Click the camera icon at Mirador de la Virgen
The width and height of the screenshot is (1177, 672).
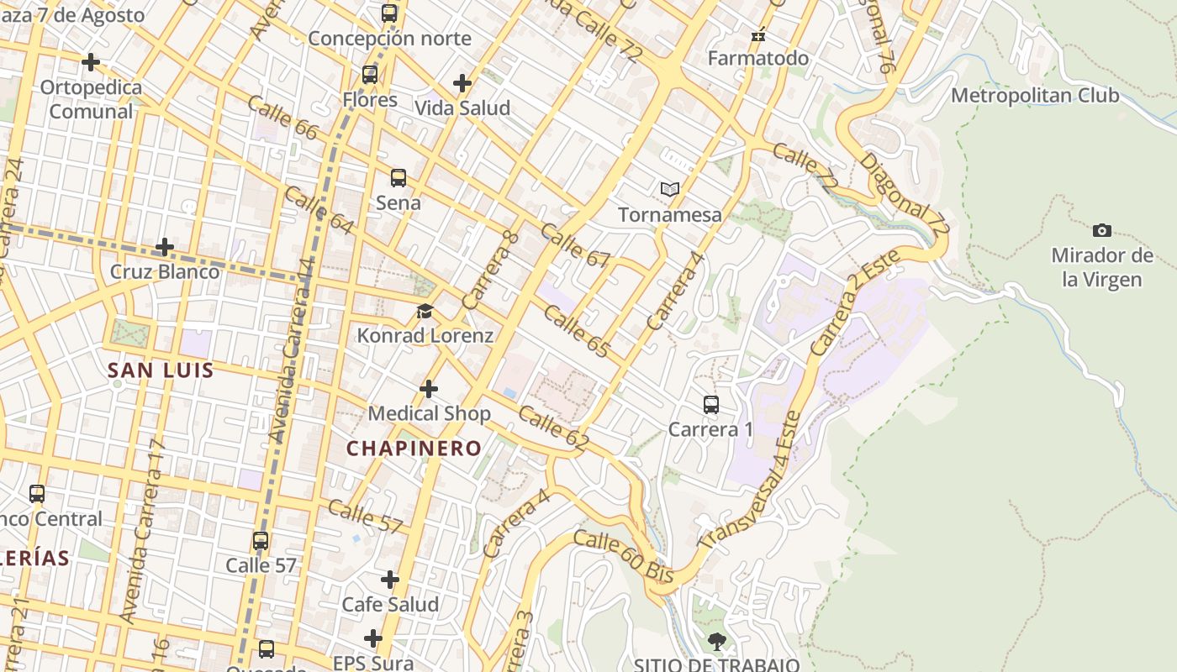tap(1101, 230)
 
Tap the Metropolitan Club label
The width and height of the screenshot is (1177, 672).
tap(1035, 96)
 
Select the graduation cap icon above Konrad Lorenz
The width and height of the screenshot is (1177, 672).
tap(425, 312)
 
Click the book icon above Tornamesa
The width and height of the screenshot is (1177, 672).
tap(669, 190)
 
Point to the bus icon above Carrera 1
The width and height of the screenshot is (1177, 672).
tap(711, 405)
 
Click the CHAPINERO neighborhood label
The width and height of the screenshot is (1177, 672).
tap(414, 449)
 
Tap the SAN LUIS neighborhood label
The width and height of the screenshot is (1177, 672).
tap(161, 370)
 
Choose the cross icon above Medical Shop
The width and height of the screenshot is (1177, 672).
tap(429, 389)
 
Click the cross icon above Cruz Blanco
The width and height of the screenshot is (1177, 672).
tap(165, 247)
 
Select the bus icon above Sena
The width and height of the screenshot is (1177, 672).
tap(398, 178)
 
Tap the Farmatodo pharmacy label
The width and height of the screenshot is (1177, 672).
tap(758, 59)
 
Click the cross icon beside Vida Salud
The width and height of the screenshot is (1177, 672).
tap(462, 83)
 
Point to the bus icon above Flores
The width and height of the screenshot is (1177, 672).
tap(370, 75)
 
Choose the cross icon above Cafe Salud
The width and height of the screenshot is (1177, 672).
tap(390, 580)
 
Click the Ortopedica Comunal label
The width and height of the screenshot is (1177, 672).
tap(91, 99)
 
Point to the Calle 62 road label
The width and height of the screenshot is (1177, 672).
tap(553, 429)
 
